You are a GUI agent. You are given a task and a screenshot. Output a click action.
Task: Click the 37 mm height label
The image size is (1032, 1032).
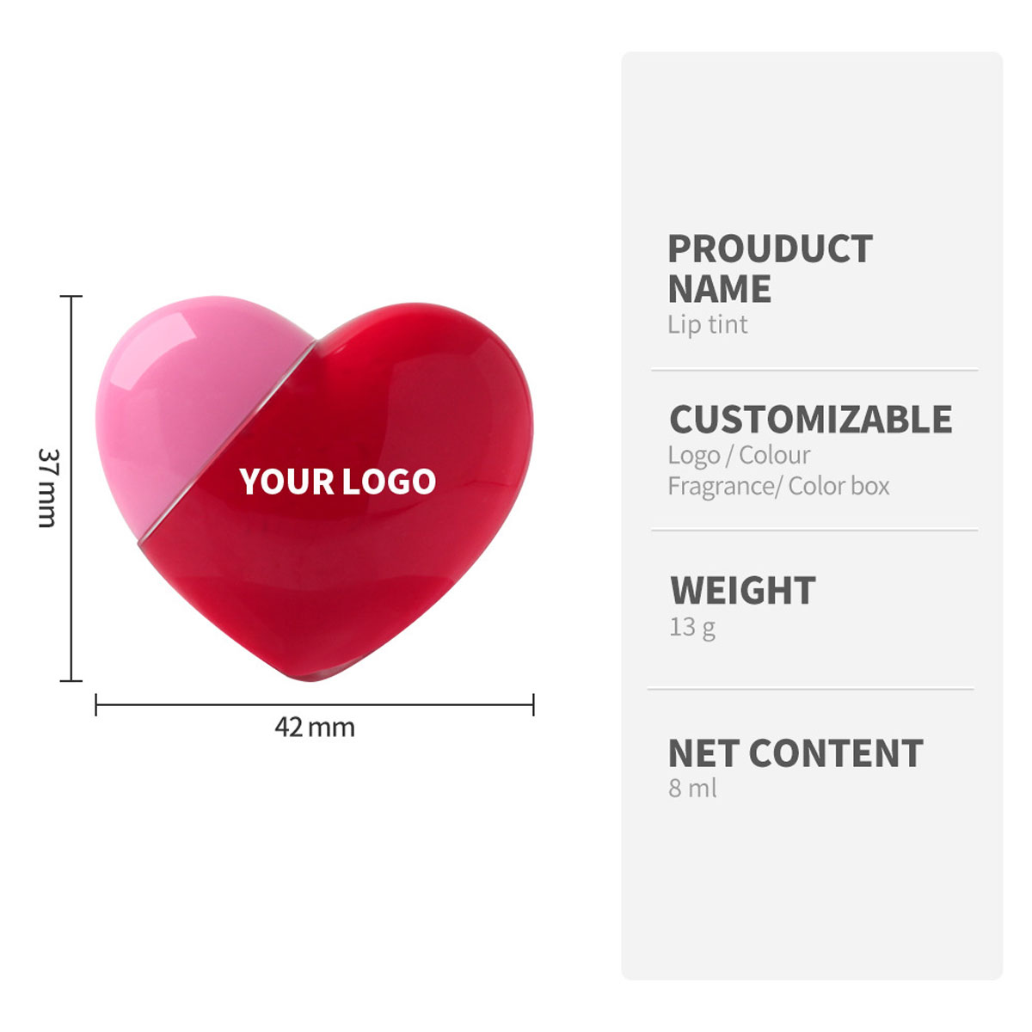coord(48,488)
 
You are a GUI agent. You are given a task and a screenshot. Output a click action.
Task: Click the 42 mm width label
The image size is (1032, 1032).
coord(315,728)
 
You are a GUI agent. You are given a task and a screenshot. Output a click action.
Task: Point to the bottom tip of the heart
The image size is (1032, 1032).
coord(315,674)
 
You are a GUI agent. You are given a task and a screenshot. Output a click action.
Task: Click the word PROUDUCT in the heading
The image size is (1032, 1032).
coord(770,249)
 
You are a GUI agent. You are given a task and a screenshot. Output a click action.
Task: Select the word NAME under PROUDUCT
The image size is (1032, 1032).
coord(720,289)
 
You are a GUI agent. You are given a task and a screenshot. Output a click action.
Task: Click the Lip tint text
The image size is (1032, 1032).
coord(708,325)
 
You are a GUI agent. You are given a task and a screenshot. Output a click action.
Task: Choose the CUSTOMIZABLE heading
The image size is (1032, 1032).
coord(811,420)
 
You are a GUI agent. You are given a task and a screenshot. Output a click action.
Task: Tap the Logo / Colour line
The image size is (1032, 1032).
coord(739,455)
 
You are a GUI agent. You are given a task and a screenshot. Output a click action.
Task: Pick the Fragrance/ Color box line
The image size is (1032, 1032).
coord(778,486)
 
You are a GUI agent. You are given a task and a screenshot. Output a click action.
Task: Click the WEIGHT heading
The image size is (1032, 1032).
coord(743,591)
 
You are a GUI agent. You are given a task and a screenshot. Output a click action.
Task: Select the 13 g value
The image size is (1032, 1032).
coord(692,627)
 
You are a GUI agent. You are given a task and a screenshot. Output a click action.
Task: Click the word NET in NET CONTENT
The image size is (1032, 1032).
coord(703,753)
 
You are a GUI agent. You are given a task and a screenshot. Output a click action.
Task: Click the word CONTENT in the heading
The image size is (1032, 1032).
coord(836,753)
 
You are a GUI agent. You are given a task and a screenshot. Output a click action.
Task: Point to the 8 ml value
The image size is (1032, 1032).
coord(692,788)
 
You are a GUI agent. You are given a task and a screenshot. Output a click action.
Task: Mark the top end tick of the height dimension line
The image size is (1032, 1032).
coord(71,297)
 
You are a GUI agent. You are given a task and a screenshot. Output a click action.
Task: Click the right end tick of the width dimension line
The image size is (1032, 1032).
coord(533,705)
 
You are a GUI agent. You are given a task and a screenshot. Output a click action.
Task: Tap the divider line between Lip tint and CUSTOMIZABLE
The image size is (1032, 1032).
coord(814,371)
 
